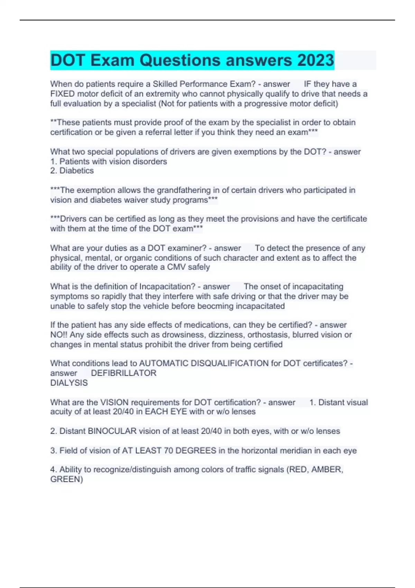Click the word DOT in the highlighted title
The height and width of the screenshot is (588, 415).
(68, 60)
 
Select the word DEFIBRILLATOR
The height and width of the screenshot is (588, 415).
(123, 373)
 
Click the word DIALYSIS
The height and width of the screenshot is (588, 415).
(69, 383)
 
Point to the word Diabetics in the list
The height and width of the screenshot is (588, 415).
(76, 171)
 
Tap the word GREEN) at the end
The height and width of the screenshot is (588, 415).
(66, 479)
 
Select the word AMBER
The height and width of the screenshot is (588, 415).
(327, 469)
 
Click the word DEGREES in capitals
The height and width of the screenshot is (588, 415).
(196, 450)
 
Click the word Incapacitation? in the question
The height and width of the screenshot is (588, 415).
(167, 286)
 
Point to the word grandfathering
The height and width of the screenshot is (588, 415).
(184, 190)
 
